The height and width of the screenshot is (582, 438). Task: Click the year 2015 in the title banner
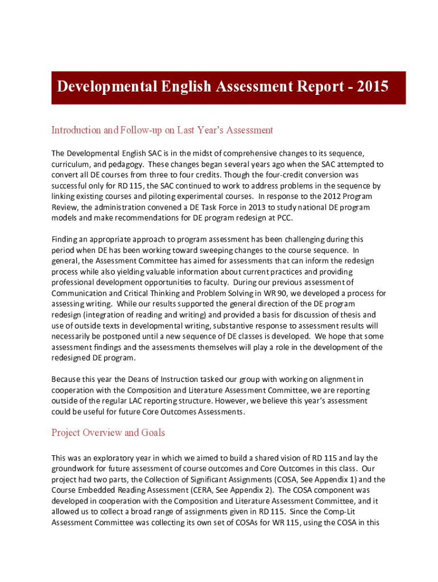point(369,87)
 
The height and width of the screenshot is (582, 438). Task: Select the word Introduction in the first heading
point(78,130)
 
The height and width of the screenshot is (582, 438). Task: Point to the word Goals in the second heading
point(150,433)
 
